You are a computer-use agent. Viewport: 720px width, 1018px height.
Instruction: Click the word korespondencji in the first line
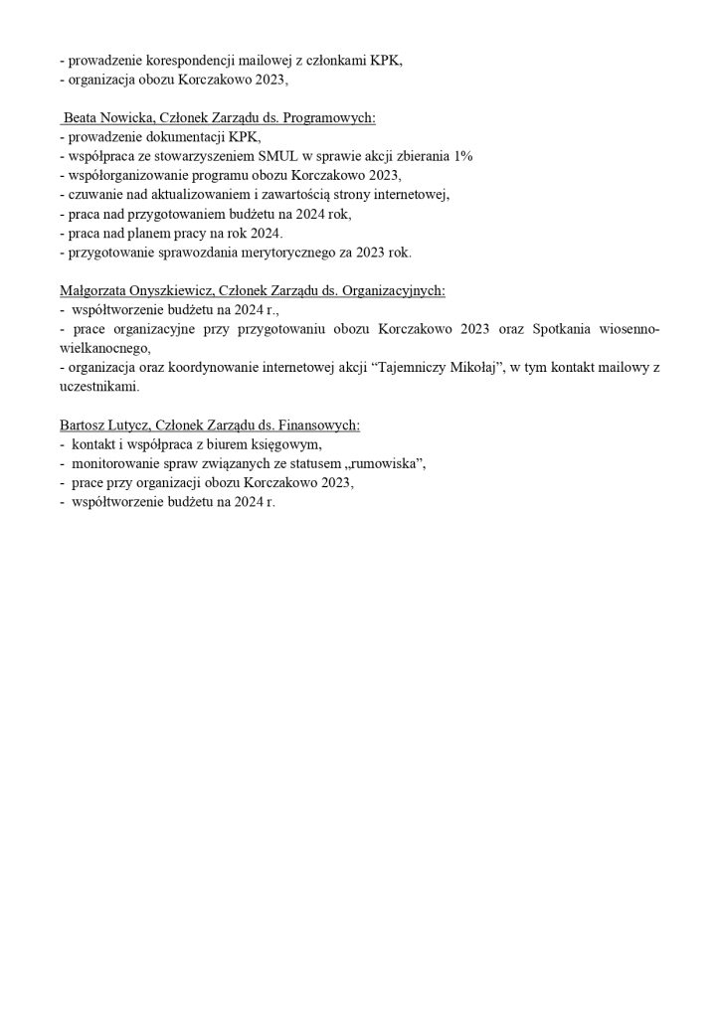pyautogui.click(x=185, y=61)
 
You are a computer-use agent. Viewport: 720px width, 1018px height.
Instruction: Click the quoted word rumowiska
pyautogui.click(x=382, y=463)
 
